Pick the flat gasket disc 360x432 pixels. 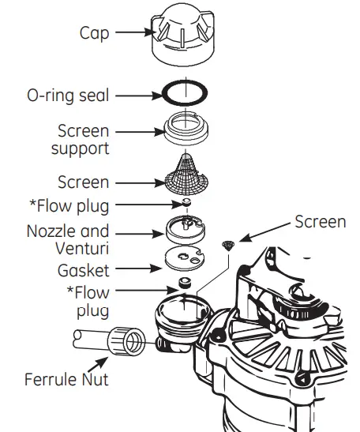(x=186, y=260)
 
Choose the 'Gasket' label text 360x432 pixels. (x=82, y=270)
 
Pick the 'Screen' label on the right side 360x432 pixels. (x=320, y=221)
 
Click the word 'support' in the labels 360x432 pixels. (x=82, y=148)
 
